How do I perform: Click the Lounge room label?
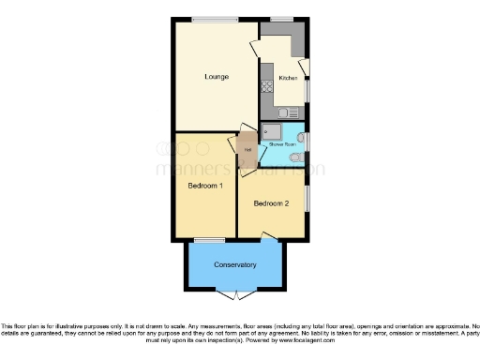[217, 76]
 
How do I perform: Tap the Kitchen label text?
[288, 78]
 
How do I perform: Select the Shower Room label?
[282, 144]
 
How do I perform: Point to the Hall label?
[247, 149]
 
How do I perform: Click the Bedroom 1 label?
[204, 186]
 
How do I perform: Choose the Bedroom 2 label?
[270, 203]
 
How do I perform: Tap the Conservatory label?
[234, 264]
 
